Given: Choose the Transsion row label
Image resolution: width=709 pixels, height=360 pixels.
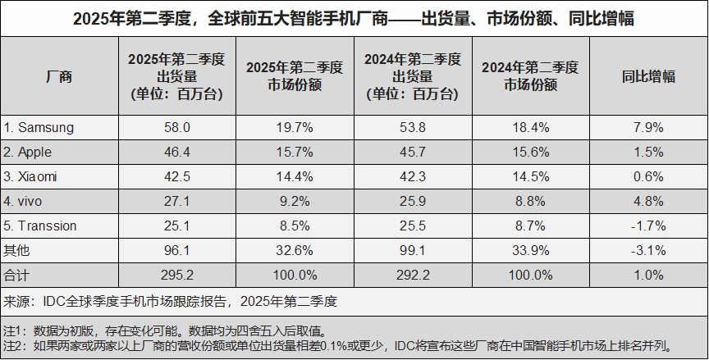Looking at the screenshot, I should click(x=41, y=226).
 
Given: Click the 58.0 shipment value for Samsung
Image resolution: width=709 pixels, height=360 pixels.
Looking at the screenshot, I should click(x=176, y=127).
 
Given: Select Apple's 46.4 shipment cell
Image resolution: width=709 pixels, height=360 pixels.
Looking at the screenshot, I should click(x=176, y=152).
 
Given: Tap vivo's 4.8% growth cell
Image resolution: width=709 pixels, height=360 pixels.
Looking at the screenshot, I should click(x=648, y=201).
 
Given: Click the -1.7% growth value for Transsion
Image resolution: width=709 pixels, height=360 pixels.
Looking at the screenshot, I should click(x=648, y=226).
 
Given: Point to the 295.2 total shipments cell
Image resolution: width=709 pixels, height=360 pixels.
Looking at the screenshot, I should click(x=176, y=275).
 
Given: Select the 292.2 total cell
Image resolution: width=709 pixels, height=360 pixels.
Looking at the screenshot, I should click(x=413, y=275).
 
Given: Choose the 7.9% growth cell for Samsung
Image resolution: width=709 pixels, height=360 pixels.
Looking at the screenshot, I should click(x=648, y=127).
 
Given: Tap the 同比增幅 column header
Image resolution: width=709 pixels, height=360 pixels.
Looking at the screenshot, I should click(x=648, y=77).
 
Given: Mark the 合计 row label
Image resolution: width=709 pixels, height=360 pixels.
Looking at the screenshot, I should click(x=16, y=275).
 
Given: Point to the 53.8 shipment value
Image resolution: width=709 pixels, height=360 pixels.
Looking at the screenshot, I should click(x=413, y=127).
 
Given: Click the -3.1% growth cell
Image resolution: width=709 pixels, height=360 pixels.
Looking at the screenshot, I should click(x=648, y=250).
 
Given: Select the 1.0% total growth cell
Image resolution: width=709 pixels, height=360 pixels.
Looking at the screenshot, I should click(x=648, y=275).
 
